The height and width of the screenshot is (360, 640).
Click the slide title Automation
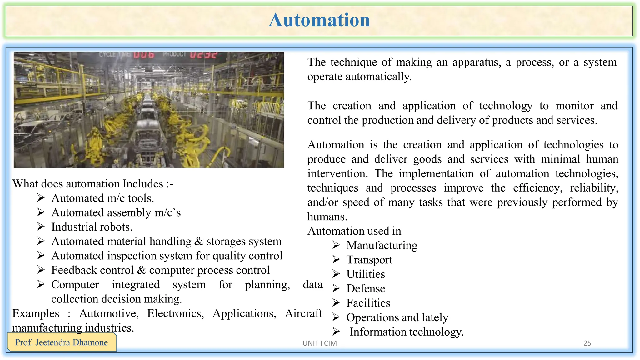coord(319,20)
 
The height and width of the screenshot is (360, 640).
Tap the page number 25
coord(587,343)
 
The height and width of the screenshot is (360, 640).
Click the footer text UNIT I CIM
coord(319,343)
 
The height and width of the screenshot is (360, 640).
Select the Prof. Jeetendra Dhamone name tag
coord(62,342)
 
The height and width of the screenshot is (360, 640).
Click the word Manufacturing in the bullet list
coord(382,246)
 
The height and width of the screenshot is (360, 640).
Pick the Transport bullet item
coord(369,260)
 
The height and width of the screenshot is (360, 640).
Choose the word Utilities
coord(366,274)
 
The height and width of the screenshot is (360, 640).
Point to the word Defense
coord(366,289)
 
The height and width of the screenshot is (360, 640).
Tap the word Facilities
coord(368,303)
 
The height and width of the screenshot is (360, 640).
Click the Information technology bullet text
coord(406,332)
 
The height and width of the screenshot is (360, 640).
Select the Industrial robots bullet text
coord(92,227)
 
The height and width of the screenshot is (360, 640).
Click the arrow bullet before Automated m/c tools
coord(41,198)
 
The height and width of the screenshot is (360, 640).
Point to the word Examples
coord(36,313)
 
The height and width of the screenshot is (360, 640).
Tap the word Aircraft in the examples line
coord(303,313)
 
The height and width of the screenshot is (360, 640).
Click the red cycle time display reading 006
coord(144,55)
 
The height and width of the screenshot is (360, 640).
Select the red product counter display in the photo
coord(203,55)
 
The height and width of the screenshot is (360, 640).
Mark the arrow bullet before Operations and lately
coord(336,317)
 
